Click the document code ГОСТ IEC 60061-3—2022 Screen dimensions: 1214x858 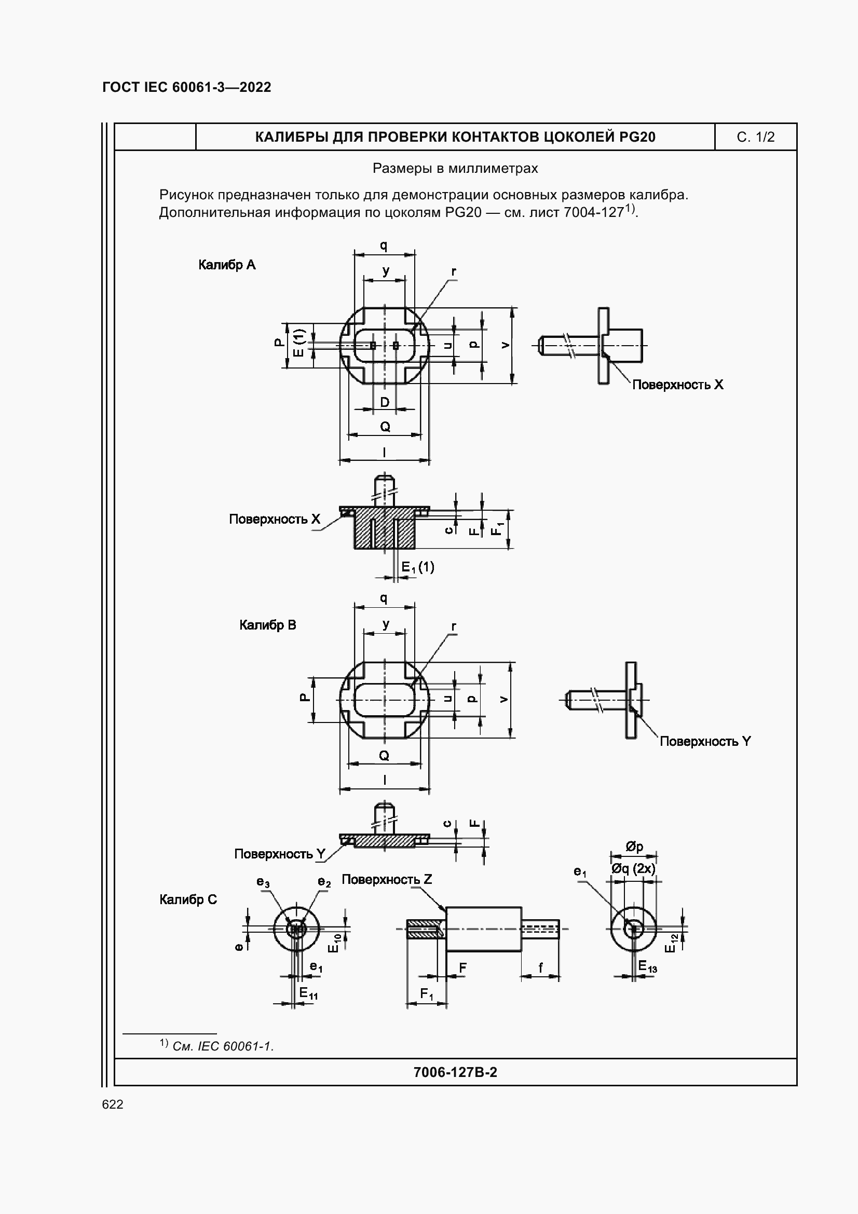(187, 87)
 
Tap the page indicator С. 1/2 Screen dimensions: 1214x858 (755, 138)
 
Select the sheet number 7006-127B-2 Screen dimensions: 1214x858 (455, 1072)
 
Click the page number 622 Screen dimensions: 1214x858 (113, 1104)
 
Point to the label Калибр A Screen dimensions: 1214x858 (227, 265)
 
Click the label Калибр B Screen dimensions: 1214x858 (267, 625)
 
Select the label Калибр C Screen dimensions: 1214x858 (188, 899)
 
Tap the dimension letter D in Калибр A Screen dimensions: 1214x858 (385, 402)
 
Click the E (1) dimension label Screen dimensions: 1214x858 (299, 343)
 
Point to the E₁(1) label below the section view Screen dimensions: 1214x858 (418, 567)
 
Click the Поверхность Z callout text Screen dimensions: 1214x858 (387, 879)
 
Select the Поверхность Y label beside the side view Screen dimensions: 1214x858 (705, 741)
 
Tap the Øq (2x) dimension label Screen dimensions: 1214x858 (633, 869)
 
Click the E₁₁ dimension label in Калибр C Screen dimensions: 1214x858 (308, 993)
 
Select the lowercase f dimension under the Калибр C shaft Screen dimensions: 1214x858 (540, 968)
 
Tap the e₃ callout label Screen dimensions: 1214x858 (263, 882)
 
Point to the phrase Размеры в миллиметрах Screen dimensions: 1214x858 (455, 169)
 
